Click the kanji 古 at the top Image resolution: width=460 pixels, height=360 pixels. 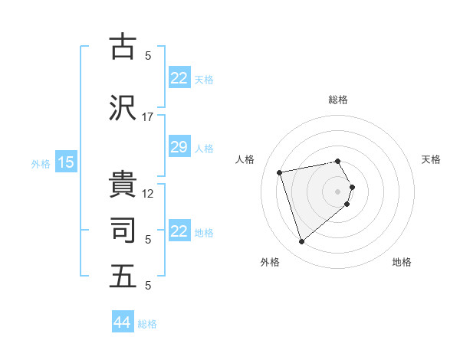(123, 47)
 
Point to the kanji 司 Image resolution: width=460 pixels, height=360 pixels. (123, 230)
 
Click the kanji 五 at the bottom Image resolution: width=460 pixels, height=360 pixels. (123, 276)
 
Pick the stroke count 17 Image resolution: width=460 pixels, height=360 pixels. (148, 116)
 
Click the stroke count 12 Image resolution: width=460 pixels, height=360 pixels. (148, 193)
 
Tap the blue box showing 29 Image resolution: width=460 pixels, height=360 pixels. (179, 147)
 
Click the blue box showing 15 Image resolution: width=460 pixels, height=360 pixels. (66, 162)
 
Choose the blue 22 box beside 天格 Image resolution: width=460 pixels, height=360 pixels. (179, 78)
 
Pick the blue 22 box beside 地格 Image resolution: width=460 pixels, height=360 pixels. (179, 231)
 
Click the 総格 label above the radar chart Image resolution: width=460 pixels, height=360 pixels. (338, 100)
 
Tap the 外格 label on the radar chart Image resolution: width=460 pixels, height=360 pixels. (270, 262)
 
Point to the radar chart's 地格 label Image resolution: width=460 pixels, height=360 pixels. (402, 262)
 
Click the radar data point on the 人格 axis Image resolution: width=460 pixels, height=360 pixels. (280, 172)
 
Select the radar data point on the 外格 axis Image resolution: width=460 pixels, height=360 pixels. (301, 242)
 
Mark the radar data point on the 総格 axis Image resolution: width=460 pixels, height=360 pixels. (337, 161)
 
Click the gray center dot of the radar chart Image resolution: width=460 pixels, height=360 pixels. (338, 191)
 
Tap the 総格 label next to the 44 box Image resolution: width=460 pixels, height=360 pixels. (147, 324)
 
